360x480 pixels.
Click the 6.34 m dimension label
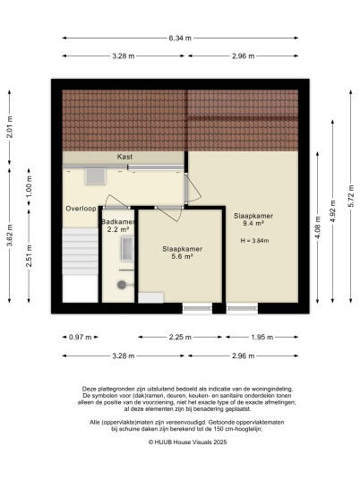coord(180,39)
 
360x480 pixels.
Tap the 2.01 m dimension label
coord(10,127)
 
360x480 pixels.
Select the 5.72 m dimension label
coord(351,196)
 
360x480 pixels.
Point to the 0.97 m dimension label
coord(81,338)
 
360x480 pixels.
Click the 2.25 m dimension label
coord(180,338)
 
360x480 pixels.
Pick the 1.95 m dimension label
coord(262,338)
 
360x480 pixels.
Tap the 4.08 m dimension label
coord(318,227)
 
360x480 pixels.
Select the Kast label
coord(124,157)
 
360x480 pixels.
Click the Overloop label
coord(81,209)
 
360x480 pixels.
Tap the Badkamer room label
coord(118,222)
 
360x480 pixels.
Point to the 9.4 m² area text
coord(253,224)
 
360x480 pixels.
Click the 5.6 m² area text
coord(182,256)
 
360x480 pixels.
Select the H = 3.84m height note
coord(254,241)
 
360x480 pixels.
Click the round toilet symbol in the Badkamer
coord(121,285)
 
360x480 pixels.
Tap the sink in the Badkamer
coord(128,249)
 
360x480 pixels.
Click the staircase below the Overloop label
coord(81,252)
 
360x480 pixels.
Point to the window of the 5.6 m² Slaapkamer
coord(197,309)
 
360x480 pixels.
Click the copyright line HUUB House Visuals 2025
coord(188,442)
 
